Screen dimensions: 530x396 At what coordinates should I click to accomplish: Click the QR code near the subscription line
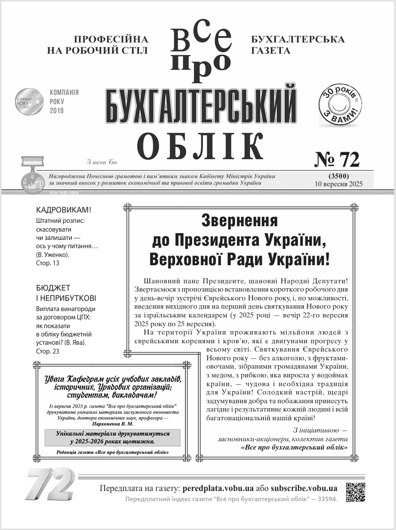coord(355,492)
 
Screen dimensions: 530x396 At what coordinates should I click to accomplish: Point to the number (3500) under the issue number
coord(337,176)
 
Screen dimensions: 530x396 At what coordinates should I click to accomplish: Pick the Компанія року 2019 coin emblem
coord(29,101)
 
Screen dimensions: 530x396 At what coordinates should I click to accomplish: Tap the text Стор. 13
coord(48,263)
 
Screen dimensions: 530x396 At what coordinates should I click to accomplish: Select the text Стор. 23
coord(48,351)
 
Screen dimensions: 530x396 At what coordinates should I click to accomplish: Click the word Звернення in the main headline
coord(239,221)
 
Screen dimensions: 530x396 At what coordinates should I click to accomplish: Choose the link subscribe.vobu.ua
coord(304,488)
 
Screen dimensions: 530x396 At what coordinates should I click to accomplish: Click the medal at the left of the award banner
coord(28,178)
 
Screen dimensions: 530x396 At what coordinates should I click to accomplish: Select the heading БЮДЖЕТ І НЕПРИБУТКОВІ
coord(66,293)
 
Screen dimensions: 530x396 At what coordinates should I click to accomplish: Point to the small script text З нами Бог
coord(102,162)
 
